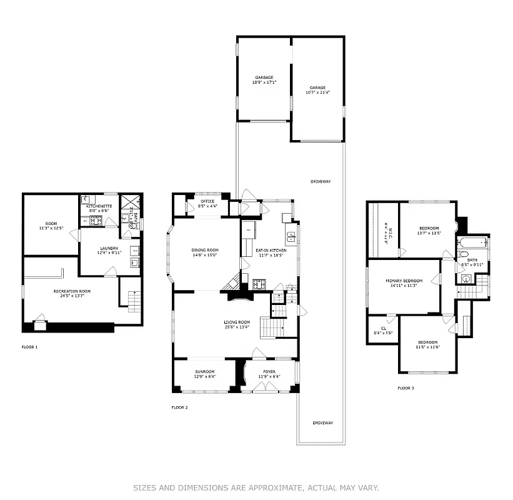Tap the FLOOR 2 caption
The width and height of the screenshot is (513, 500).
point(180,407)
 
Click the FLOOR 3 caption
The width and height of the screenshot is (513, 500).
point(406,388)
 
